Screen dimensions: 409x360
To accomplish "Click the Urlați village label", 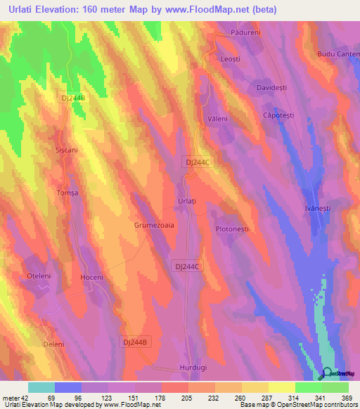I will pyautogui.click(x=186, y=201).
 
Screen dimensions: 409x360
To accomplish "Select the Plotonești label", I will pyautogui.click(x=237, y=229).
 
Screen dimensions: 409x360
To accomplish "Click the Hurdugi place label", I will pyautogui.click(x=193, y=368).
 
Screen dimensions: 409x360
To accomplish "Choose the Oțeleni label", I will pyautogui.click(x=39, y=276).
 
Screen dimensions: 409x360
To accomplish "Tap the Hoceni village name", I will pyautogui.click(x=92, y=277).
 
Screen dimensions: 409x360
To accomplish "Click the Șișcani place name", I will pyautogui.click(x=65, y=150).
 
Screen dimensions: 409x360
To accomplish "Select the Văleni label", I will pyautogui.click(x=217, y=119).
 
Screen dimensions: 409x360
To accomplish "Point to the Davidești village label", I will pyautogui.click(x=271, y=88).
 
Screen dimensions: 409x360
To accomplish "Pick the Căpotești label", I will pyautogui.click(x=276, y=115).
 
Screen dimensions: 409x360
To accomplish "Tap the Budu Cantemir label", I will pyautogui.click(x=337, y=54).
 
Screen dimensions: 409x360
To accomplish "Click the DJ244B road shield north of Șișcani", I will pyautogui.click(x=73, y=98).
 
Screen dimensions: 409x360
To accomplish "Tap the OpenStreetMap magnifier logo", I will pyautogui.click(x=327, y=373).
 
